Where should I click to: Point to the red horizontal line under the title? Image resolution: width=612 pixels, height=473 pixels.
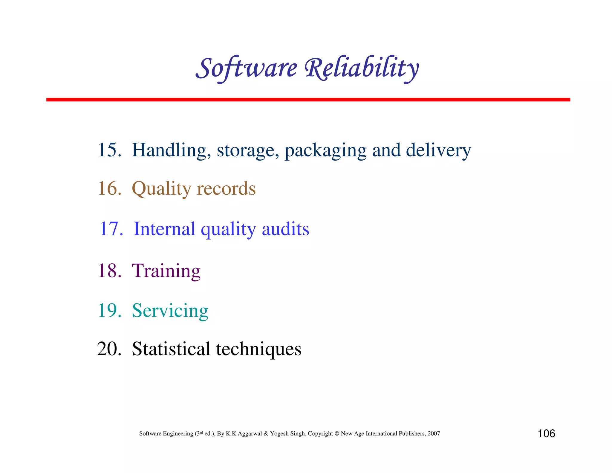pos(308,100)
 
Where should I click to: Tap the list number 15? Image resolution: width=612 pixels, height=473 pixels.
pos(109,150)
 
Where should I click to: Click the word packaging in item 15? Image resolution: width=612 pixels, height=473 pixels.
pos(325,150)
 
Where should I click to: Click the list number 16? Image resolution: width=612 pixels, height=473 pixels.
pos(109,188)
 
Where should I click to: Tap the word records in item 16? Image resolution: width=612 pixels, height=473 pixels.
pos(226,188)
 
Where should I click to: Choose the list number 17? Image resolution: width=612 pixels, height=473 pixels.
pos(111,229)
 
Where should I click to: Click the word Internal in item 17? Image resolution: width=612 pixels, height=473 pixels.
pos(164,229)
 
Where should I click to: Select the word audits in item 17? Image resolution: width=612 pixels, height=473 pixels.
pos(285,229)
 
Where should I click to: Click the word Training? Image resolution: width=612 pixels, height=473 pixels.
pos(166,271)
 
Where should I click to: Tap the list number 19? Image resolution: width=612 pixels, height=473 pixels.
pos(109,310)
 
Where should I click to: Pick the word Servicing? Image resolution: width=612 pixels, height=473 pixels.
pos(170,311)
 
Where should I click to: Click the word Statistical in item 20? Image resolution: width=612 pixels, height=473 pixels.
pos(171,349)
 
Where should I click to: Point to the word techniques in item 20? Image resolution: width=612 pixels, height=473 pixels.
pos(259,349)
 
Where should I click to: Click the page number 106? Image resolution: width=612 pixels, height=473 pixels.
pos(546,434)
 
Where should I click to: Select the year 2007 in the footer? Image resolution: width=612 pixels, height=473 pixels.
pos(434,434)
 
